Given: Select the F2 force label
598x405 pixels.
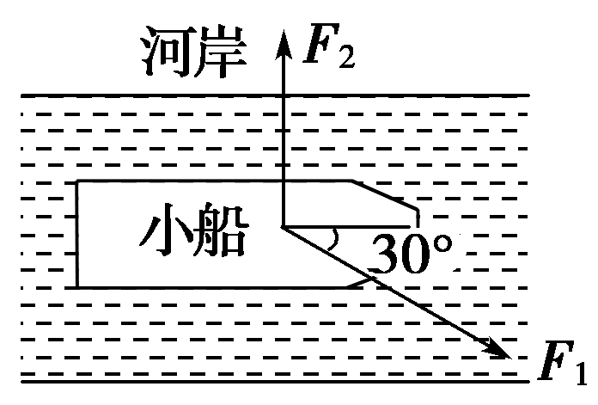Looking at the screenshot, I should coord(325,51).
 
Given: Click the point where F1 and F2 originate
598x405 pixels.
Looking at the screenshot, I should coord(281,227).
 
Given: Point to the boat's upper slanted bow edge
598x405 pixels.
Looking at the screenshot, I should coord(384,194).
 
